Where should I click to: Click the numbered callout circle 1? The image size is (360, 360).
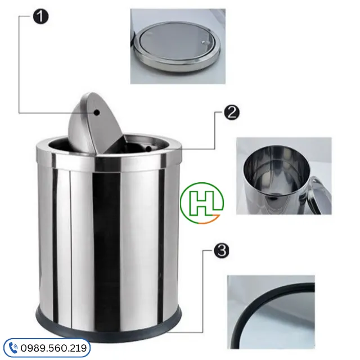click(x=40, y=16)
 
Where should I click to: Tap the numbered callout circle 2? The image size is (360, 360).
click(x=232, y=112)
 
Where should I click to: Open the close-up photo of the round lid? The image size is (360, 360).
click(x=178, y=46)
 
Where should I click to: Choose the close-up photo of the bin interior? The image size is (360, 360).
click(x=283, y=176)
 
